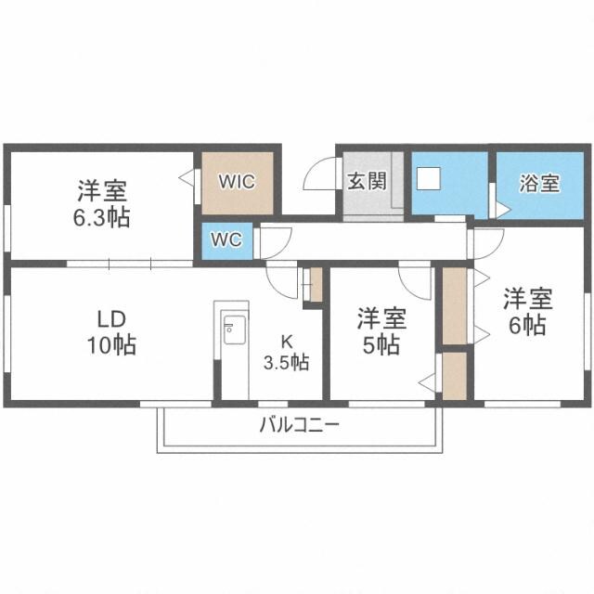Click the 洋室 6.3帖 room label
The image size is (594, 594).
[x=103, y=204]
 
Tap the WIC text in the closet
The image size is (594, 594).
[x=237, y=181]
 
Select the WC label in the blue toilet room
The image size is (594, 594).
[x=226, y=239]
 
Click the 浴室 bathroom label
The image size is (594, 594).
[x=538, y=182]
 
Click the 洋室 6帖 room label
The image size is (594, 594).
[x=527, y=313]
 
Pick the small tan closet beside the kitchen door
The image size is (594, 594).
[x=315, y=284]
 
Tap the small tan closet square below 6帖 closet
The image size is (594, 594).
[x=455, y=375]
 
